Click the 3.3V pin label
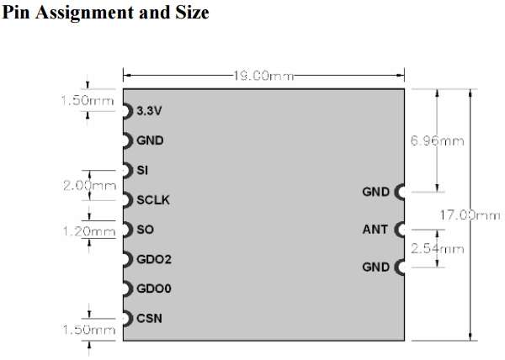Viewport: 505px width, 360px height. point(149,111)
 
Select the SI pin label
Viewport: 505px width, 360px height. point(142,170)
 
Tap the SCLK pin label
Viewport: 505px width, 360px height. point(153,200)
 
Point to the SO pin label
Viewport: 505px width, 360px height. point(145,230)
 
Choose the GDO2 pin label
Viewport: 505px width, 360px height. point(154,259)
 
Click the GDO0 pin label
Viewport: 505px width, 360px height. point(154,289)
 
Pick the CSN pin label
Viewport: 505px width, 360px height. point(149,319)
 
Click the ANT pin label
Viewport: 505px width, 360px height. point(375,230)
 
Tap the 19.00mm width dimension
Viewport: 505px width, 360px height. point(263,76)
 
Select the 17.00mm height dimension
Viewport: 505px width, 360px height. point(470,215)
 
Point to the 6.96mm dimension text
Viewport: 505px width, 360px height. point(437,141)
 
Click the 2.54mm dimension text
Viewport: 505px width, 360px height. point(437,249)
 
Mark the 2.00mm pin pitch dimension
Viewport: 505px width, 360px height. point(89,186)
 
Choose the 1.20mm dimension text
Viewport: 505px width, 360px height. point(89,231)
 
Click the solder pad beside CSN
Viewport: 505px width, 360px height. point(128,319)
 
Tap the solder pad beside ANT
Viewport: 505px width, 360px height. point(399,230)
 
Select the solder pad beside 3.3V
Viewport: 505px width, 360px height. point(128,111)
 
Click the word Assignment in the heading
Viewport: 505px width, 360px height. point(84,13)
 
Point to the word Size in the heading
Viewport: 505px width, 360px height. point(192,13)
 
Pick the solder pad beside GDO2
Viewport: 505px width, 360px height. point(128,259)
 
